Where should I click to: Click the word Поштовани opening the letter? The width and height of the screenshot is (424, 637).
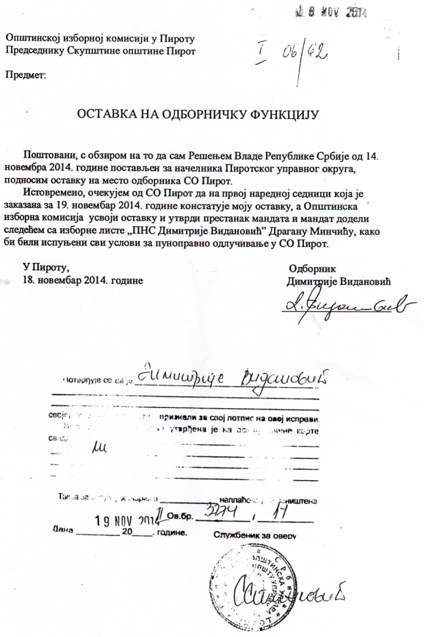(x=51, y=156)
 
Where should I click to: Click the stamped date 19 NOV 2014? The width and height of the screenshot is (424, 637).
(x=121, y=522)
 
